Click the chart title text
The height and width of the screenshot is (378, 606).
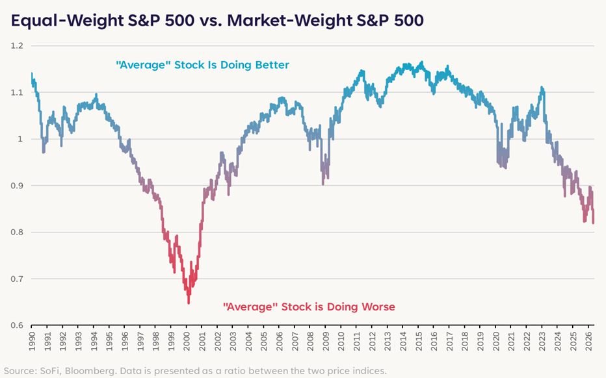pyautogui.click(x=217, y=20)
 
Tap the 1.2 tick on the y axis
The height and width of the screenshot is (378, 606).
pyautogui.click(x=18, y=45)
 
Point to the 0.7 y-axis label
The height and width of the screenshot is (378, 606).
pyautogui.click(x=18, y=279)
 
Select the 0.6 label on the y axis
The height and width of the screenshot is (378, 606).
pyautogui.click(x=18, y=325)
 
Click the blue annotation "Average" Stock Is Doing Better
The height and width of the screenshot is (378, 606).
pyautogui.click(x=202, y=65)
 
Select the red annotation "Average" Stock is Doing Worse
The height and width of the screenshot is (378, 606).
pyautogui.click(x=310, y=307)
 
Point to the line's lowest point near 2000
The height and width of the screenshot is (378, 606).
pyautogui.click(x=189, y=303)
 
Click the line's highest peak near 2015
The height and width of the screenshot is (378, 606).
pyautogui.click(x=421, y=62)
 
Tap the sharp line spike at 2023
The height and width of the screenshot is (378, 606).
pyautogui.click(x=542, y=88)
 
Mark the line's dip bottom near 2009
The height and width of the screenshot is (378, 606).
pyautogui.click(x=323, y=184)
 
